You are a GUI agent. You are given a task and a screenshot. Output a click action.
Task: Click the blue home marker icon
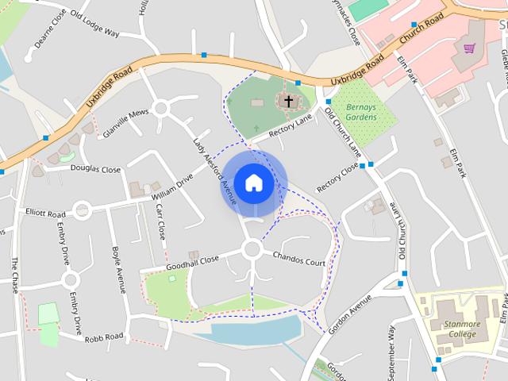(253, 183)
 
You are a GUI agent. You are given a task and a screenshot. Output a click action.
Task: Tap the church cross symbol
(288, 101)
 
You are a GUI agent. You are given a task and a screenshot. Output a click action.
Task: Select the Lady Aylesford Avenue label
(215, 171)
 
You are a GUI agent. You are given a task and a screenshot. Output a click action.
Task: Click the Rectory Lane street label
(291, 125)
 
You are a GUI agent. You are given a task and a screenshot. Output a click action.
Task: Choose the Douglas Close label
(95, 168)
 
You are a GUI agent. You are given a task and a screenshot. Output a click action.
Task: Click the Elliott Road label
(45, 214)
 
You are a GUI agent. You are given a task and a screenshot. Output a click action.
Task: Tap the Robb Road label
(105, 337)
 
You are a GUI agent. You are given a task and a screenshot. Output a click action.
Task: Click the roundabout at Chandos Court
(252, 249)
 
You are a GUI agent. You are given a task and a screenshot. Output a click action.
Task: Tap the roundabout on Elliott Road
(81, 210)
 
